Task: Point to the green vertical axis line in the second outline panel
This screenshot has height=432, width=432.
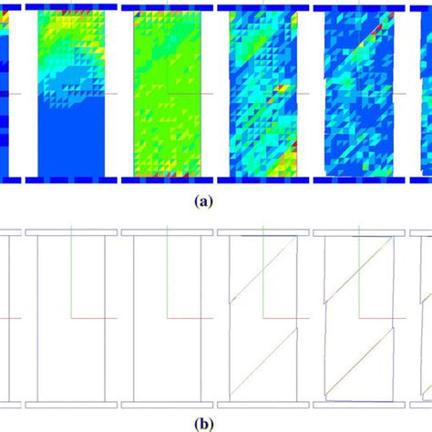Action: click(167, 273)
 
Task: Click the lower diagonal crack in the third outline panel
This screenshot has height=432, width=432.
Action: click(264, 360)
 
